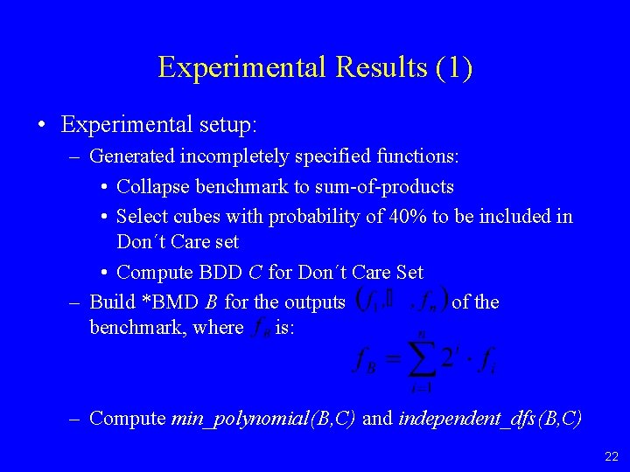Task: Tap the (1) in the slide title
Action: point(453,67)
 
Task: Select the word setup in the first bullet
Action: point(226,125)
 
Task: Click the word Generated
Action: point(132,157)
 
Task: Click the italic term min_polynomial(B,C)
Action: point(263,418)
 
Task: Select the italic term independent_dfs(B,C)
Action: point(489,418)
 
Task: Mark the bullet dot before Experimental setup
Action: point(42,125)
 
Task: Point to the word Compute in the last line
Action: point(128,418)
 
